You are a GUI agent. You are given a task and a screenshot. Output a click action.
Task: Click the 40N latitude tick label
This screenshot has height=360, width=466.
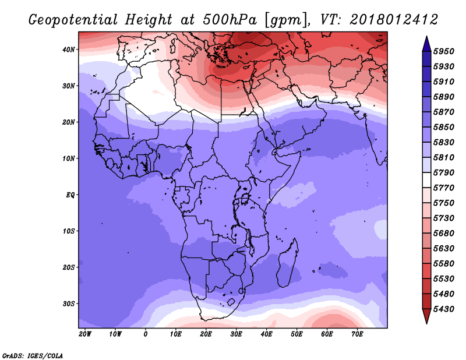point(69,50)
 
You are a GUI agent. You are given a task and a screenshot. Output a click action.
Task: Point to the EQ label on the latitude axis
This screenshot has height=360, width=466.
point(70,195)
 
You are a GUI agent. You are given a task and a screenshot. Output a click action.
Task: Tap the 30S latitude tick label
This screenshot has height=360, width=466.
point(69,304)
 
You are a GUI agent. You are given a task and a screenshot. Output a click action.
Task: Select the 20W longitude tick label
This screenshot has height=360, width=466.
point(85,334)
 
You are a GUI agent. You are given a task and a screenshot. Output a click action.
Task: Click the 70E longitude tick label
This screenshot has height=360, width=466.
point(357,334)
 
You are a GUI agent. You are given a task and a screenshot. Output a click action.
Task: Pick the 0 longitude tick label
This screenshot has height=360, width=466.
point(145,334)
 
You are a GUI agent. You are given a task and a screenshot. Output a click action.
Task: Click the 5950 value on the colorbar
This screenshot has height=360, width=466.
point(443,51)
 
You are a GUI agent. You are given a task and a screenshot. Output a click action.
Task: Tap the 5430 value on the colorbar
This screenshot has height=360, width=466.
point(443,309)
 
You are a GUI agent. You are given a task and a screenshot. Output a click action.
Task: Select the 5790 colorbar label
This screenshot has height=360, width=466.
point(443,172)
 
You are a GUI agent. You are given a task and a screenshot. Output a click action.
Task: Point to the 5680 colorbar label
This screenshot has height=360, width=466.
point(443,234)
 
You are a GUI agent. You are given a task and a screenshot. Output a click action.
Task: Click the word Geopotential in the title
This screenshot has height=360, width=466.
point(73,20)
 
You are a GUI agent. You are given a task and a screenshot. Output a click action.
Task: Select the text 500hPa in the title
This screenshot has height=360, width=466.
point(230,20)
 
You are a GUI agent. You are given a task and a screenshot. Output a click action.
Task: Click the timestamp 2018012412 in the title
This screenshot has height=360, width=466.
point(394,20)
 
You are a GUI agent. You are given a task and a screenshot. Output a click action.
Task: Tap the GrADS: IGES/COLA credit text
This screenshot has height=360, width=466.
point(33,356)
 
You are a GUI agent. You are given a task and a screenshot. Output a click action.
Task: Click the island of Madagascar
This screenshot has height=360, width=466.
point(288,263)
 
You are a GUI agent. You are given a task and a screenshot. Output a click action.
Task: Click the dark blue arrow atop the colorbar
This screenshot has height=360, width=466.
point(426,44)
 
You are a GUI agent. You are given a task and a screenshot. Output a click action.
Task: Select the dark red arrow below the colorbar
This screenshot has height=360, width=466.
point(426,316)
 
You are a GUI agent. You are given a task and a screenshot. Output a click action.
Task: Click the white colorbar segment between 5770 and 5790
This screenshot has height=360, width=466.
point(426,180)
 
